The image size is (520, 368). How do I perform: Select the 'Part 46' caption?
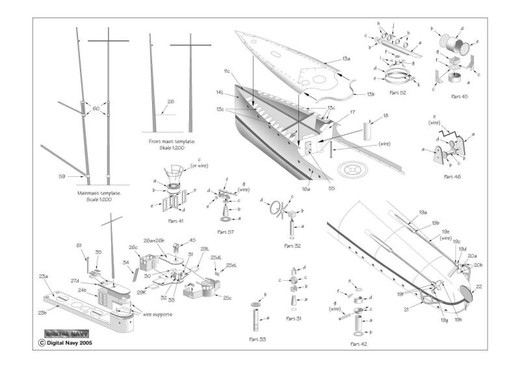click(454, 176)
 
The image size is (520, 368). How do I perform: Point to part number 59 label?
click(63, 176)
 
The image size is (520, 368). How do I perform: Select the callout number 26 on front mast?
click(171, 101)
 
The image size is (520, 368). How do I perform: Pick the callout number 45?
click(174, 239)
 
